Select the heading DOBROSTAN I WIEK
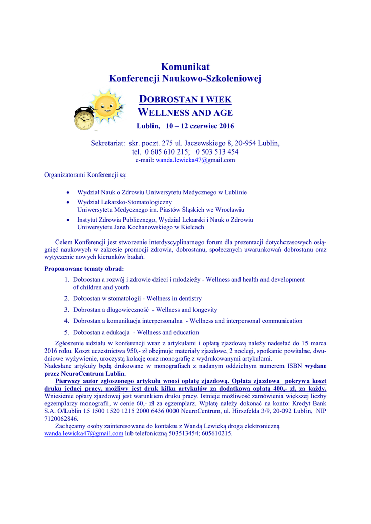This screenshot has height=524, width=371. [x=185, y=99]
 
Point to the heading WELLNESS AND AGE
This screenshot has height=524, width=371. [x=186, y=113]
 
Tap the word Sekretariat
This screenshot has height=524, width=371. [x=108, y=143]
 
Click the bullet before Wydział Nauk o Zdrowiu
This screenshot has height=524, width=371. [x=68, y=193]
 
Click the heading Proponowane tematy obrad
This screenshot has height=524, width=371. [x=84, y=268]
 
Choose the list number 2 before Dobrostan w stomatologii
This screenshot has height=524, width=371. [x=67, y=298]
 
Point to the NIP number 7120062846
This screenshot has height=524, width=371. [x=61, y=418]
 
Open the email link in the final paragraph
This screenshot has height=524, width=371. [x=84, y=433]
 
